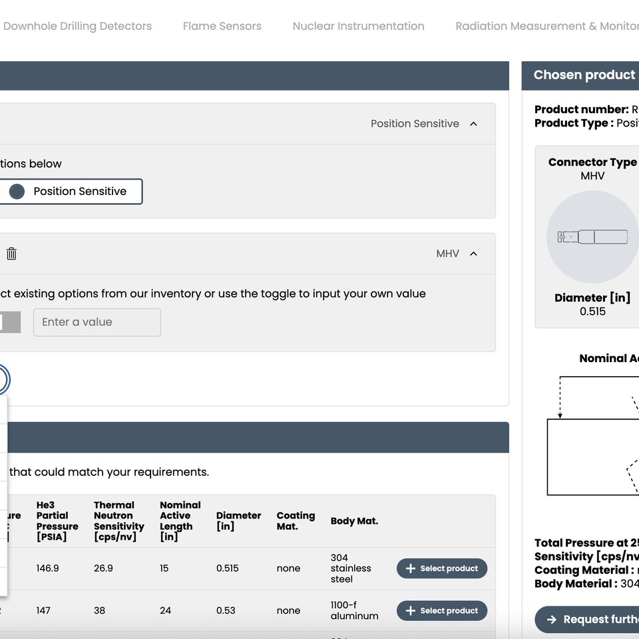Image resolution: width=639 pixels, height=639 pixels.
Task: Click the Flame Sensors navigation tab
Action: pos(222,26)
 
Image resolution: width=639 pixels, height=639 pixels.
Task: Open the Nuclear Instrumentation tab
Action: pos(358,26)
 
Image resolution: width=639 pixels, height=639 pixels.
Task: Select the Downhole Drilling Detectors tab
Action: pos(77,26)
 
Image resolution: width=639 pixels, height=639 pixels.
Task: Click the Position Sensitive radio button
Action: pos(17,192)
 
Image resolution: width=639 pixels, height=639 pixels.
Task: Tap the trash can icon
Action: pos(11,254)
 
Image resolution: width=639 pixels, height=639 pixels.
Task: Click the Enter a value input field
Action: pos(97,322)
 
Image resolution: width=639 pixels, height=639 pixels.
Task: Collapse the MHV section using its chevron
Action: pos(473,254)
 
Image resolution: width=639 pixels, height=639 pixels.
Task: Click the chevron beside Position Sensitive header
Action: pos(473,124)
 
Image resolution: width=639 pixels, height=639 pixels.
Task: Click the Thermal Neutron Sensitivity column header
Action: pos(118,521)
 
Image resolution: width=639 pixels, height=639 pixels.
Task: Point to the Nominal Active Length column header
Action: pos(180,521)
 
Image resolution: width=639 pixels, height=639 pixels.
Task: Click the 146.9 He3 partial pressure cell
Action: pos(47,568)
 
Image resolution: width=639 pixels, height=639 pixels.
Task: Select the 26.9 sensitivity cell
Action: pos(103,568)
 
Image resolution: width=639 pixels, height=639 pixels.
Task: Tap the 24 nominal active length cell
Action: pos(165,610)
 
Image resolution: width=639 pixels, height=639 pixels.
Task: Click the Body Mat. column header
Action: pos(354,521)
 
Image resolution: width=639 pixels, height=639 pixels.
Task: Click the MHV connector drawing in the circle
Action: pos(592,237)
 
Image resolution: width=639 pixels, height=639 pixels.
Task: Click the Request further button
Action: pos(589,620)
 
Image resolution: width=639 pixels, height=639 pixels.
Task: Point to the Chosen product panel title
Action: pos(584,75)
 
